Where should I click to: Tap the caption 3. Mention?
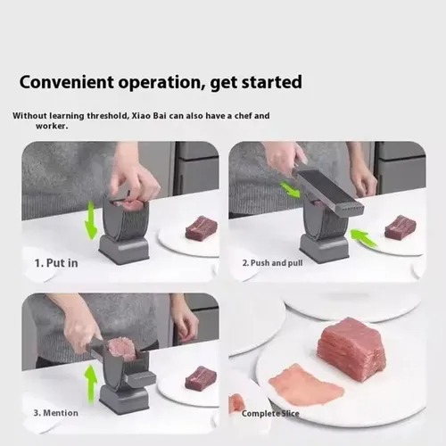click(56, 413)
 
